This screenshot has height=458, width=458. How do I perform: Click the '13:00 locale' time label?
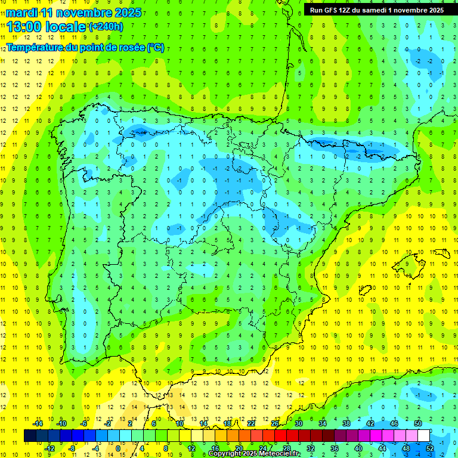pos(47,27)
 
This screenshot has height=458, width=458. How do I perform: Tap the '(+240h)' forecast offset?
pos(106,27)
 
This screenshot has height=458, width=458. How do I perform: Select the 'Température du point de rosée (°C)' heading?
pos(85,47)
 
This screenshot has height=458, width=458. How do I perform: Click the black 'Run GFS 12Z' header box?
pos(377,10)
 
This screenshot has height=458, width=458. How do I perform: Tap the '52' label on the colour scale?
pos(430,448)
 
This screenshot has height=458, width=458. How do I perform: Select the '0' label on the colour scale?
pos(117,448)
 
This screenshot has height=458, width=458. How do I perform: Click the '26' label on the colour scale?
pos(275,423)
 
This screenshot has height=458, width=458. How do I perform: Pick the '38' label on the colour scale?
pos(346,423)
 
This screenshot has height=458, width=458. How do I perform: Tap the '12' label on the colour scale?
pos(191,448)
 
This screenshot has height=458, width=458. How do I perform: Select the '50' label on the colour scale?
pos(418,423)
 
